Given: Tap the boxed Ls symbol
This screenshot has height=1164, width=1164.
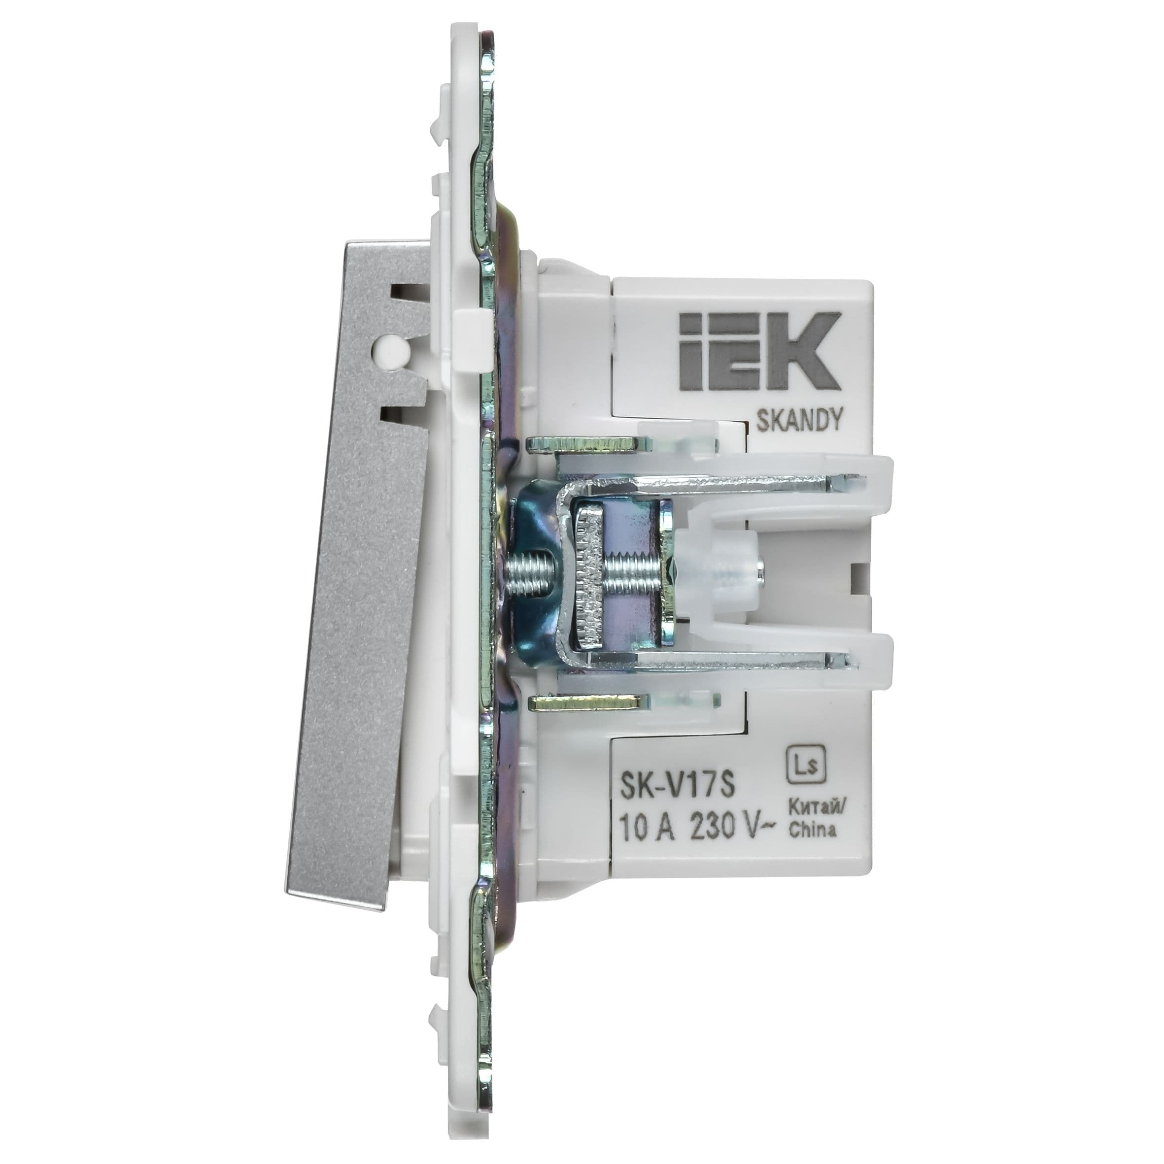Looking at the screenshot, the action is click(808, 767).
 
